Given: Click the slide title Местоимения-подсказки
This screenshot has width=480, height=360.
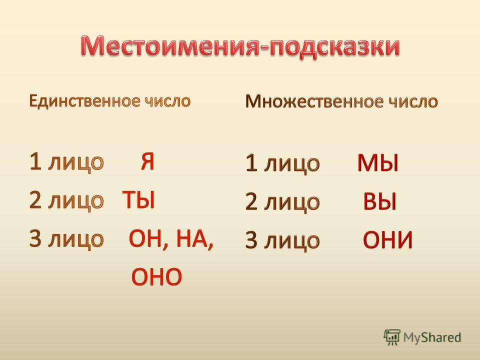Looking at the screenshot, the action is click(240, 46).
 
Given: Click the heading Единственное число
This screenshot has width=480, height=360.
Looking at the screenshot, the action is click(110, 100).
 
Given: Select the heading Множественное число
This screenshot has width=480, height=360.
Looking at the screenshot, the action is click(341, 101).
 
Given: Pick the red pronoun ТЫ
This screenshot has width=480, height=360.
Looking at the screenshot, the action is click(138, 200).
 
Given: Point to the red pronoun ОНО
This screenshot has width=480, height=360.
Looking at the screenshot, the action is click(156, 276).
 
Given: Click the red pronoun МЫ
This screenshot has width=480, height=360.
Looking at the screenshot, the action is click(378, 162).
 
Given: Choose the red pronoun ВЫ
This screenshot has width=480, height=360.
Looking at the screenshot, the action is click(379, 201).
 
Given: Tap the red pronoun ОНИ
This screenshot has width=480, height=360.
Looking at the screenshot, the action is click(388, 239).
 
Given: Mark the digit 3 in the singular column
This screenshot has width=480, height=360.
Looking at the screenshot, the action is click(35, 238).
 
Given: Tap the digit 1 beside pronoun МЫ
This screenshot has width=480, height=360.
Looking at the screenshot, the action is click(251, 162).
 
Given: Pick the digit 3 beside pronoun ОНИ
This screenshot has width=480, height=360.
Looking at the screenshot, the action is click(251, 240).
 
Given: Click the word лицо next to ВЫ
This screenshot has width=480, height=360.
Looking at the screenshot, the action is click(292, 202).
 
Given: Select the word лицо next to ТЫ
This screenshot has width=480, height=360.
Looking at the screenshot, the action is click(76, 201).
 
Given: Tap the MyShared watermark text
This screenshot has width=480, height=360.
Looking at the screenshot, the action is click(432, 337).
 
